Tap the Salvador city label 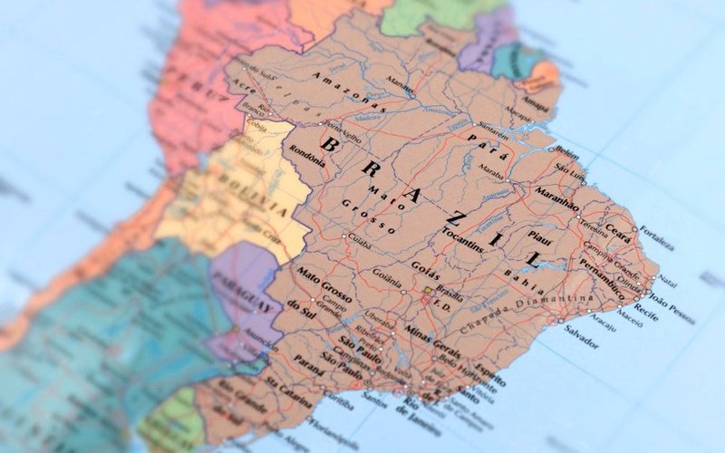point(581,342)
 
